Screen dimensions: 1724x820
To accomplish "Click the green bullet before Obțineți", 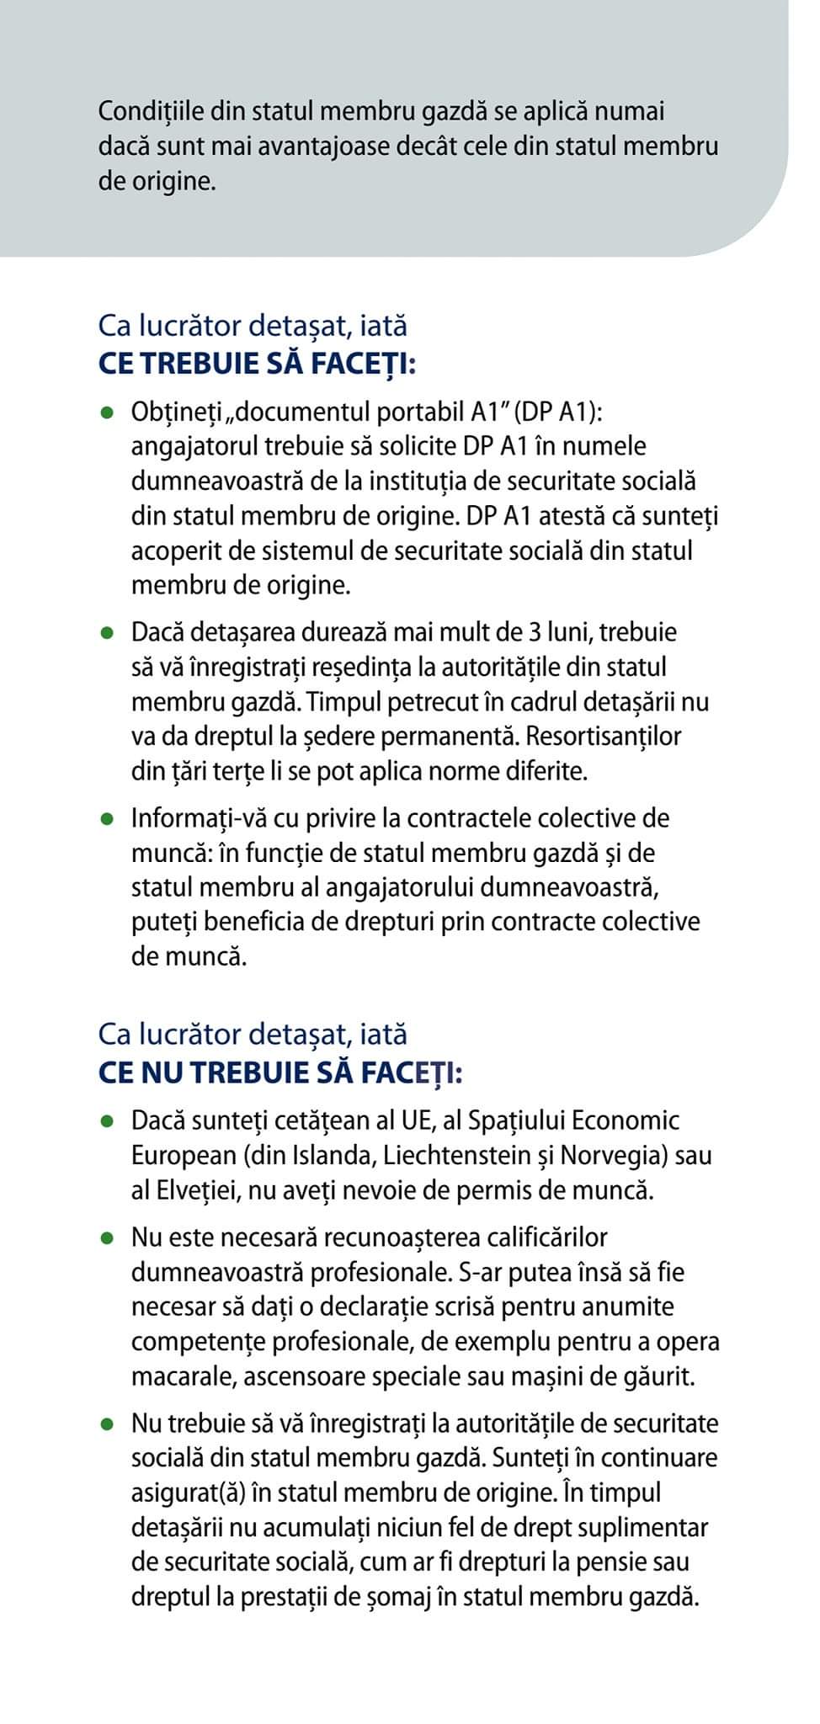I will pyautogui.click(x=106, y=413).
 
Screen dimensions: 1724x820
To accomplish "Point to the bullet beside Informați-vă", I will pyautogui.click(x=106, y=819).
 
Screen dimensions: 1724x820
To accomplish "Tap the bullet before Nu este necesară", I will pyautogui.click(x=106, y=1238).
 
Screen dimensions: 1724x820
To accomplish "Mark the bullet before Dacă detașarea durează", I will pyautogui.click(x=106, y=632).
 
